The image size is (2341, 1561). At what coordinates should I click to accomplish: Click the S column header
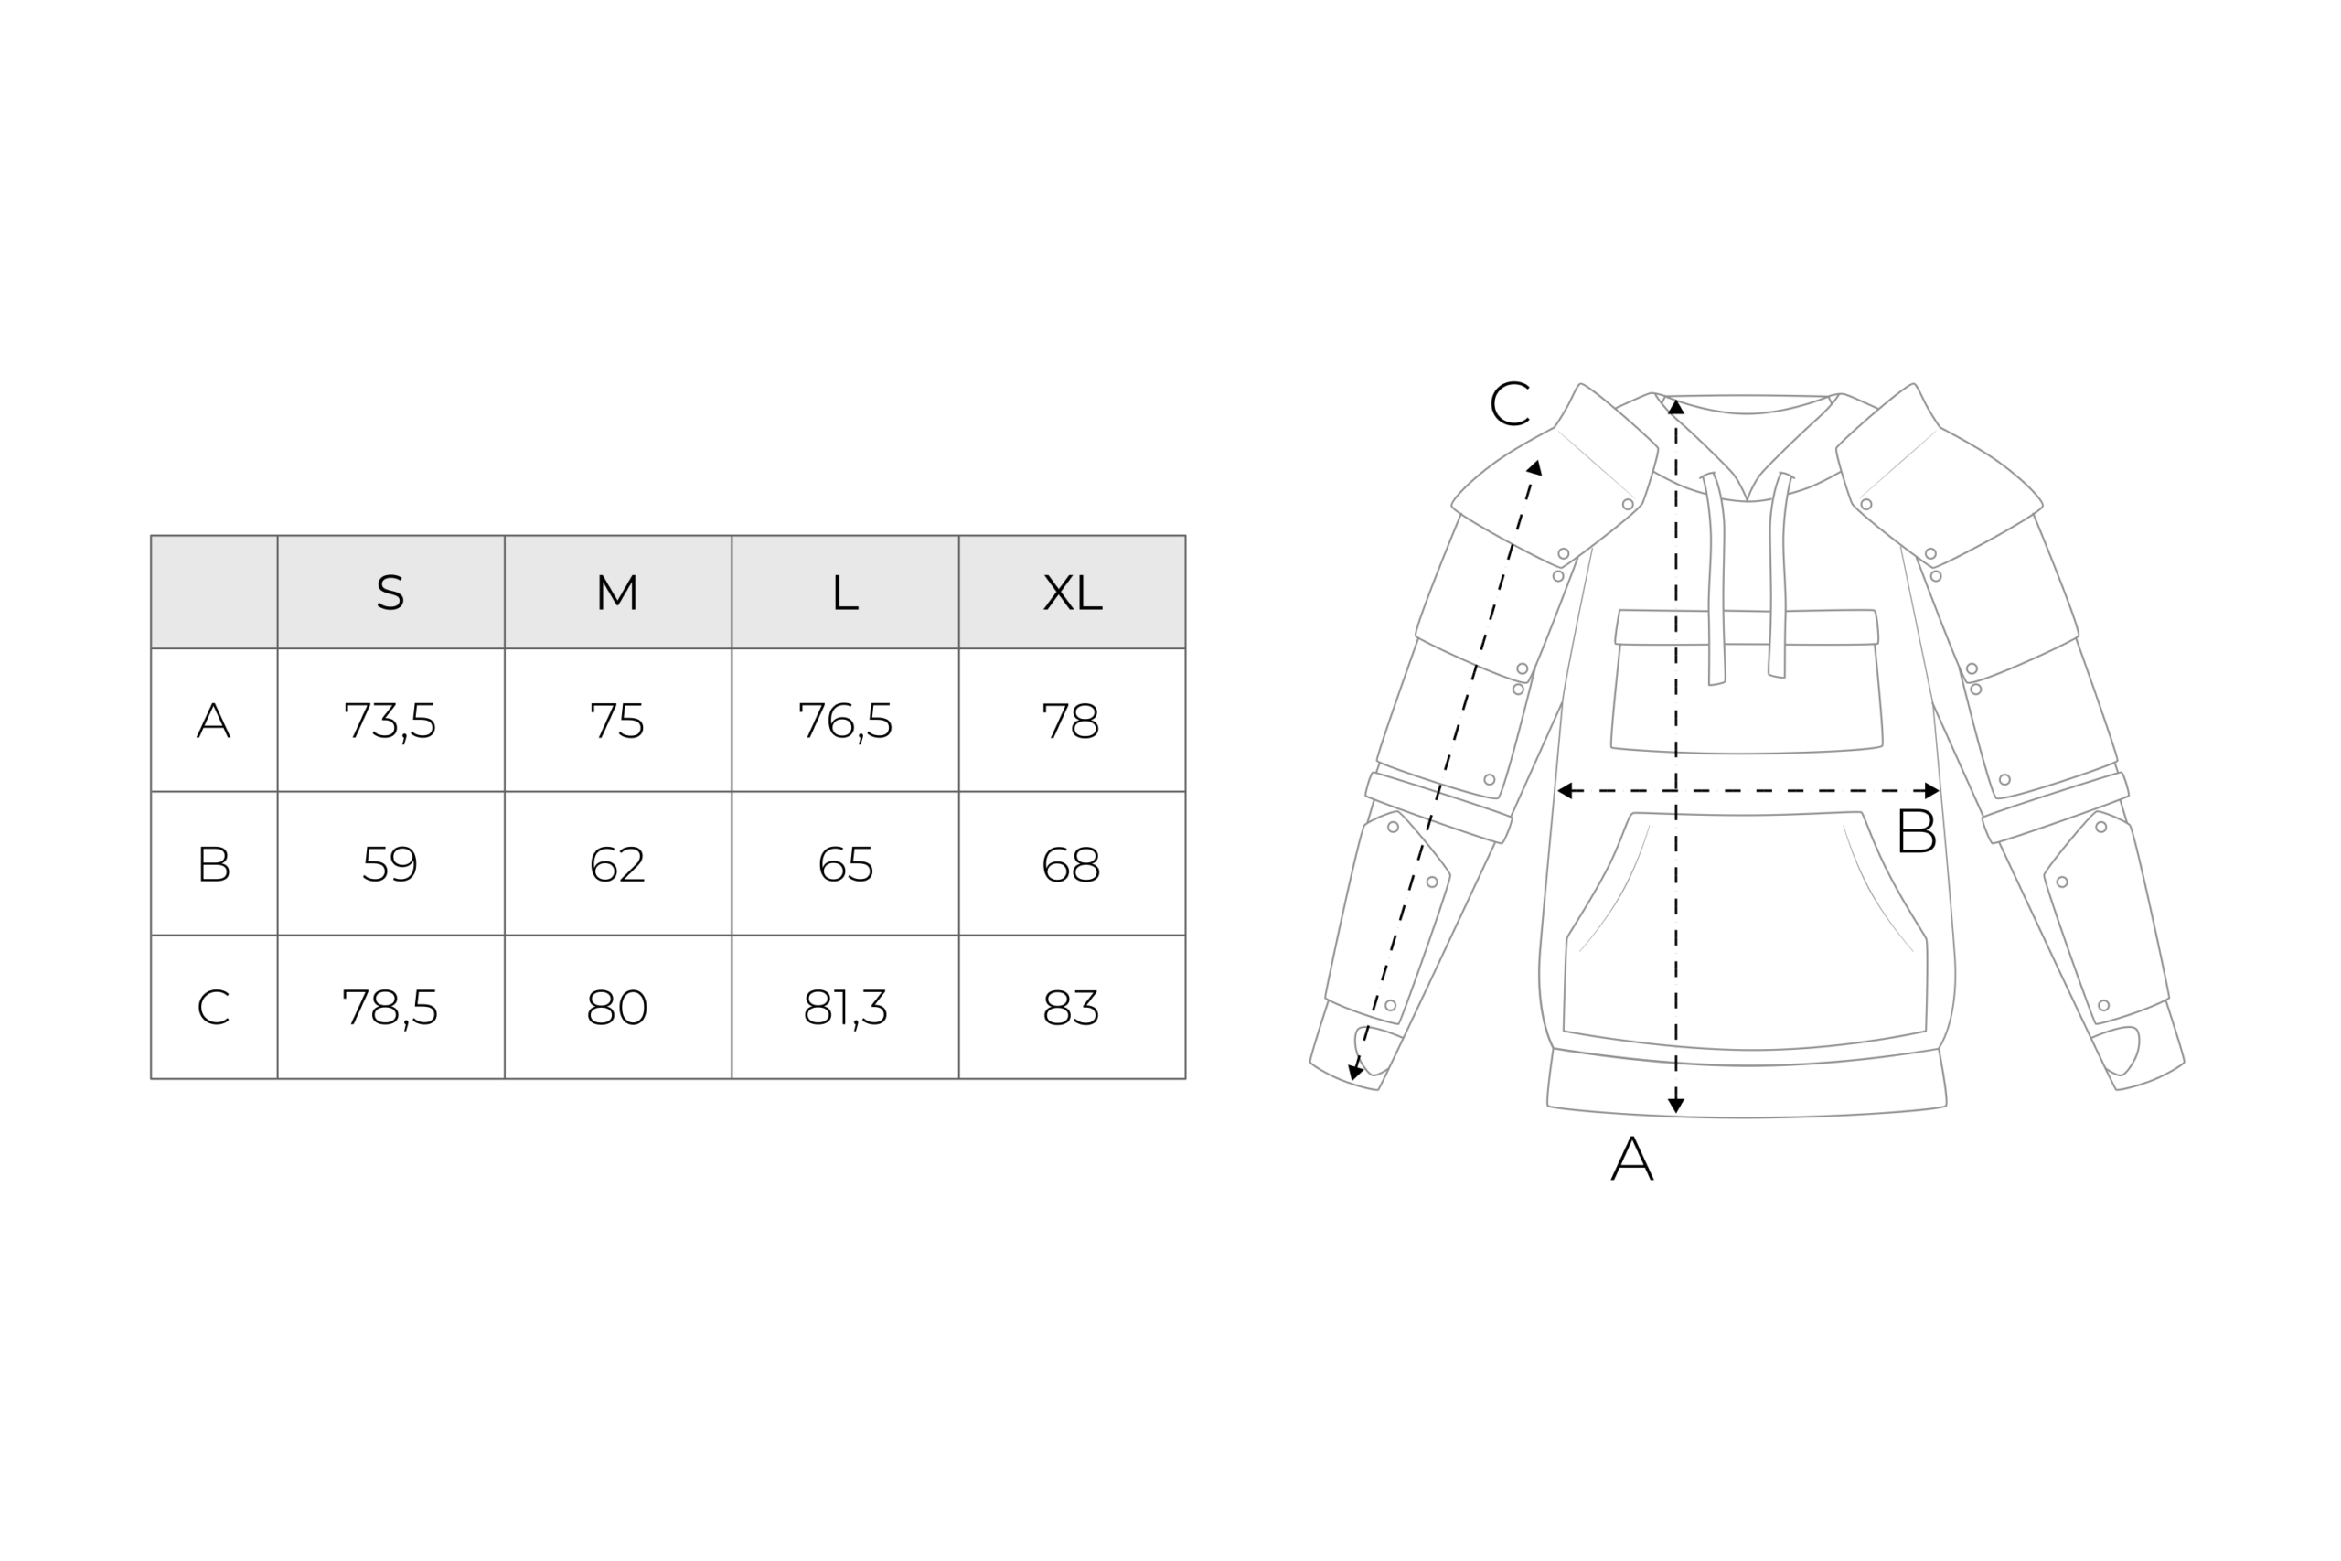tap(390, 593)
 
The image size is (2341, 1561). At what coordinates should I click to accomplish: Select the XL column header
tap(1072, 593)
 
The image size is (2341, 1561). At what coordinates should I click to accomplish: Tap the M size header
tap(617, 593)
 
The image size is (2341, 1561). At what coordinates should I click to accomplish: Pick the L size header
tap(845, 593)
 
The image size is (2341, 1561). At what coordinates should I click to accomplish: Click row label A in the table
tap(214, 720)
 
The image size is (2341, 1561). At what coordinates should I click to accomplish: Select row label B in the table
tap(214, 863)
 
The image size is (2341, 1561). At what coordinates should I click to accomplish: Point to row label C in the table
tap(214, 1007)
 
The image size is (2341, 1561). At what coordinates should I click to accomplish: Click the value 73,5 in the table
tap(390, 721)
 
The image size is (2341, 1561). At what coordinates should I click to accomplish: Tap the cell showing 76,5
tap(845, 721)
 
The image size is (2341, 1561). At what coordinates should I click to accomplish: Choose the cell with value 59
tap(390, 863)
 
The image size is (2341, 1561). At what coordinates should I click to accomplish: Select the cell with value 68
tap(1072, 863)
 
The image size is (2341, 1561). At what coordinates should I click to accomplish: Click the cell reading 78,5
tap(390, 1008)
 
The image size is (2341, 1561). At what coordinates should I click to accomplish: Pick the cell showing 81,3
tap(845, 1008)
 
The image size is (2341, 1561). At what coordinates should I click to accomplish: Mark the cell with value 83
tap(1072, 1007)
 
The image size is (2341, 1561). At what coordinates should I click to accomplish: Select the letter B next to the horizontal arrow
tap(1916, 830)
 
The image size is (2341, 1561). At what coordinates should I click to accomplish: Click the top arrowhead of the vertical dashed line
tap(1676, 406)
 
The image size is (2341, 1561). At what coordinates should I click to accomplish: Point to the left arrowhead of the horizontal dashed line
tap(1564, 790)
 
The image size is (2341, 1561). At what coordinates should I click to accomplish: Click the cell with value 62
tap(617, 863)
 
